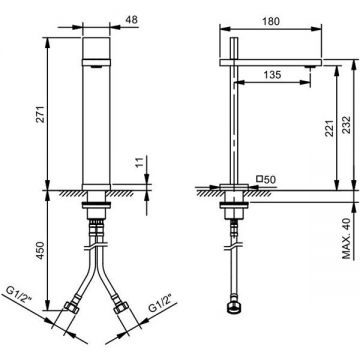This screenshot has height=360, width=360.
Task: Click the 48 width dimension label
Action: pos(132,20)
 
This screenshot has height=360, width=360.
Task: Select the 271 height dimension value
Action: pos(40,114)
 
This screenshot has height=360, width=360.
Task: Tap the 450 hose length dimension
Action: pos(40,250)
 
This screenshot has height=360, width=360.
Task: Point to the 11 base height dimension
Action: pos(140,162)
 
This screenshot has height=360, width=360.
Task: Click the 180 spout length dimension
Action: pos(270,21)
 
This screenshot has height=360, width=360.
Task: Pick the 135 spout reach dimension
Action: pos(272,75)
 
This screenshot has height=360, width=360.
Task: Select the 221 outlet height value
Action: pos(329,128)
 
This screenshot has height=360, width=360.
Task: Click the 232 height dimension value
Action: pos(346,124)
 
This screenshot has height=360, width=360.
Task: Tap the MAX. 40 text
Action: pos(347,237)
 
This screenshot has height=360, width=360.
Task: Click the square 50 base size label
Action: pos(266,180)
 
